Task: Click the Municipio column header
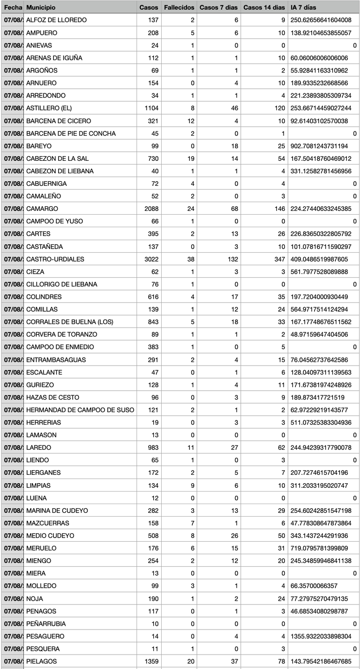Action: tap(41, 7)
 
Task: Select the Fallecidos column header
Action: tap(179, 7)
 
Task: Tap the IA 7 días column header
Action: tap(303, 7)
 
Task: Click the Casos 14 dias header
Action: tap(264, 7)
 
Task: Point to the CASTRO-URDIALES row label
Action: tap(55, 259)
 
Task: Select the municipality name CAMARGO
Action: tap(42, 209)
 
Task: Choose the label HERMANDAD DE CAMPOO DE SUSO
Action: tap(80, 410)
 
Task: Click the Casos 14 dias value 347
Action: tap(279, 259)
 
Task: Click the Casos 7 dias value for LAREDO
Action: tap(235, 447)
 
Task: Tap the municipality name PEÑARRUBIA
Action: tap(46, 623)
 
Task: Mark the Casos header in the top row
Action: tap(149, 7)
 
